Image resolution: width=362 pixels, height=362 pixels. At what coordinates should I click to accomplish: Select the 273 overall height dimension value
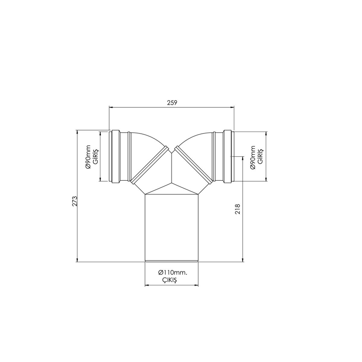(75, 201)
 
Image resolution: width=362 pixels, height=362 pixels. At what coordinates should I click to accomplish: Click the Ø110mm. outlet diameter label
(173, 272)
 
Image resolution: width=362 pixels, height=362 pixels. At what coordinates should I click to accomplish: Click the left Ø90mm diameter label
(88, 156)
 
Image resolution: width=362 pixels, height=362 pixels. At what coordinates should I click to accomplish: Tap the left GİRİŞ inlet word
(95, 156)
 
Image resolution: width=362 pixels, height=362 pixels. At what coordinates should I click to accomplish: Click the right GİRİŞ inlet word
(260, 156)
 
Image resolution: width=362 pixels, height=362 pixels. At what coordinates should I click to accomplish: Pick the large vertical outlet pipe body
(171, 226)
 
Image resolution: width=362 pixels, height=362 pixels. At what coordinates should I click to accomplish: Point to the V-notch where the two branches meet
(171, 152)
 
